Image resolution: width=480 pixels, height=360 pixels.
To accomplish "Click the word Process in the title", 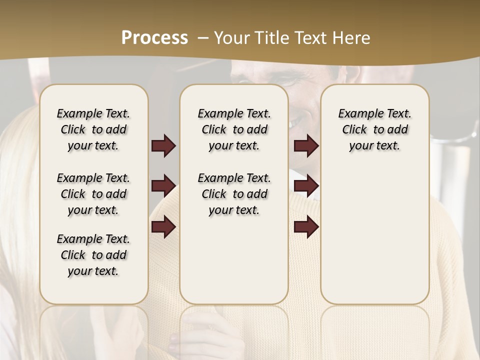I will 154,37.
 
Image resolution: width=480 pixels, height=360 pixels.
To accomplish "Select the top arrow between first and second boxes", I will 163,146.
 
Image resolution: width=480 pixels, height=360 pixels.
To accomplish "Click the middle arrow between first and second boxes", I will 163,186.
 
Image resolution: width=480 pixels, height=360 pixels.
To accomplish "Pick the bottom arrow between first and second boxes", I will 163,226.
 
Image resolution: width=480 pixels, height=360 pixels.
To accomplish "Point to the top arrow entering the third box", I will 306,146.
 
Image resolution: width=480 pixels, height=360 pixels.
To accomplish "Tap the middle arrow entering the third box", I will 306,186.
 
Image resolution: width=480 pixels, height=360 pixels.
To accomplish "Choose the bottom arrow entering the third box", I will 306,226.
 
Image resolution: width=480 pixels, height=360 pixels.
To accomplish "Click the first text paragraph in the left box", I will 93,129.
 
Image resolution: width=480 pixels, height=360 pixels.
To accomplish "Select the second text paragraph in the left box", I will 93,194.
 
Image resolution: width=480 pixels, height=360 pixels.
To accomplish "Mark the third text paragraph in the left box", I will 93,255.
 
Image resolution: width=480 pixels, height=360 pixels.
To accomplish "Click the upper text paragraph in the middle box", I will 234,129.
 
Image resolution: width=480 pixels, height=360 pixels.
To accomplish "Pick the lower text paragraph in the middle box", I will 234,194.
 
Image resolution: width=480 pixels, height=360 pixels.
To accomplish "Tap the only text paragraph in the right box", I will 374,129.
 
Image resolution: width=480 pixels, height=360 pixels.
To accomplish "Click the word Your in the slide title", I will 230,37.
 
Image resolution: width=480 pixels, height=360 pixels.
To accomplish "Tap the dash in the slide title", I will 203,37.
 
